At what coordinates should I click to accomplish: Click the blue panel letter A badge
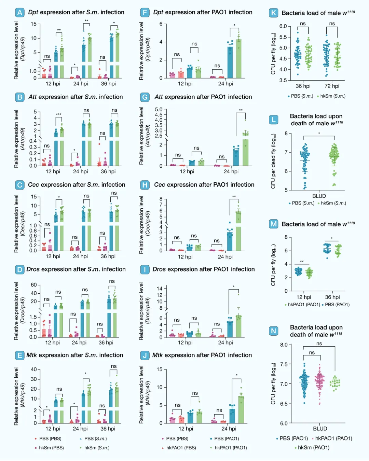19,13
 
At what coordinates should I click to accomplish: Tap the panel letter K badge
273,13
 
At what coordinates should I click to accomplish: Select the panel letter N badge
273,331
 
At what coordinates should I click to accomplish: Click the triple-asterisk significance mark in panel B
59,115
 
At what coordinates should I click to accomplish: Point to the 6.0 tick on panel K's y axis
283,26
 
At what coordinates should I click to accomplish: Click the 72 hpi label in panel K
332,86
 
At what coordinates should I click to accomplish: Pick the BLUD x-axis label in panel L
319,196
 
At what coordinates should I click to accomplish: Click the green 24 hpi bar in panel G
245,149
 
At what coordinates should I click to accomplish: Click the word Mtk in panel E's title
31,355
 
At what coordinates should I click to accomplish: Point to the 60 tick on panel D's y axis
34,285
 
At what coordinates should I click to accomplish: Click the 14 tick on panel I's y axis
160,289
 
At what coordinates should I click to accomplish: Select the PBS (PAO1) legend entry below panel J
226,438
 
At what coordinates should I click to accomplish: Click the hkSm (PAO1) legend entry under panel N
313,447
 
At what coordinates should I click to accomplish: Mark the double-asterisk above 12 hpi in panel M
302,262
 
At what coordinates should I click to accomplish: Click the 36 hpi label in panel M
332,297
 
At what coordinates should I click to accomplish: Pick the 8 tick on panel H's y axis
161,199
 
